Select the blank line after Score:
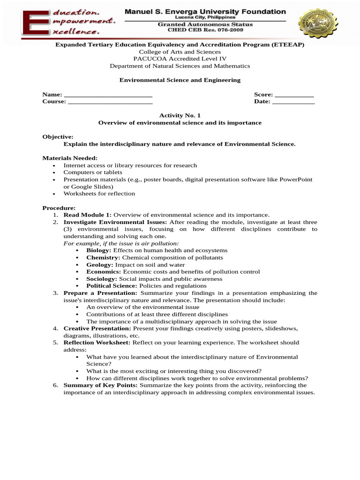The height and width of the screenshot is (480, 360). (294, 95)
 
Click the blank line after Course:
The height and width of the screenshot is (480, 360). (110, 102)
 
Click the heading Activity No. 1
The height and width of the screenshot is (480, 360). (180, 115)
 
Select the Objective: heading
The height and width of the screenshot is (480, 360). (58, 137)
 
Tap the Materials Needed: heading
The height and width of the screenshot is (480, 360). (70, 158)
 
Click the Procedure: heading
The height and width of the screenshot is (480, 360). (59, 208)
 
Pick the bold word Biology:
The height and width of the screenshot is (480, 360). (98, 250)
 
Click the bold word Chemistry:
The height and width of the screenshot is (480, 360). (103, 257)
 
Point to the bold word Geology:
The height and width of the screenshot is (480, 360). (100, 264)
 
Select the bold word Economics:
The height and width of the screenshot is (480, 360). (104, 271)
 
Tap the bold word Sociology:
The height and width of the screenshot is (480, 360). (102, 278)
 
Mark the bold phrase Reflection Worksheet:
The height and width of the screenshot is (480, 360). (97, 343)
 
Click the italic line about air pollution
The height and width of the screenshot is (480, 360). (121, 243)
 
